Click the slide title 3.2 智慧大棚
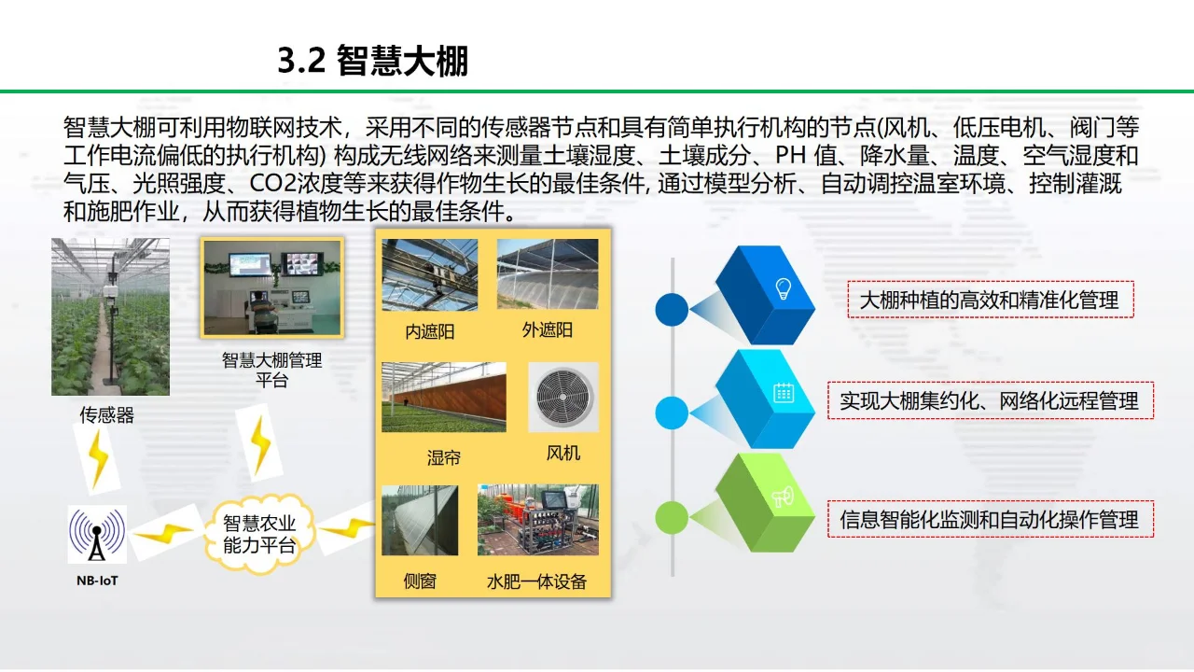[372, 61]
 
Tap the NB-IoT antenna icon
[97, 535]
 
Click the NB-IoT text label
[97, 581]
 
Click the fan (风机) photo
[563, 398]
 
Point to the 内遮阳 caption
[429, 331]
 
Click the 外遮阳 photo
[548, 273]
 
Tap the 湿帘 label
[443, 457]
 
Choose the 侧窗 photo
[420, 520]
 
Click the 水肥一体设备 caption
[536, 581]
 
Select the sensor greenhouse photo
[110, 316]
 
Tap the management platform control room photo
[272, 287]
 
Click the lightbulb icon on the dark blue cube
[784, 287]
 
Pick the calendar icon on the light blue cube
[784, 392]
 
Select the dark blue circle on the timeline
[672, 309]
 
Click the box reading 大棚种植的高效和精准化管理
[990, 301]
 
